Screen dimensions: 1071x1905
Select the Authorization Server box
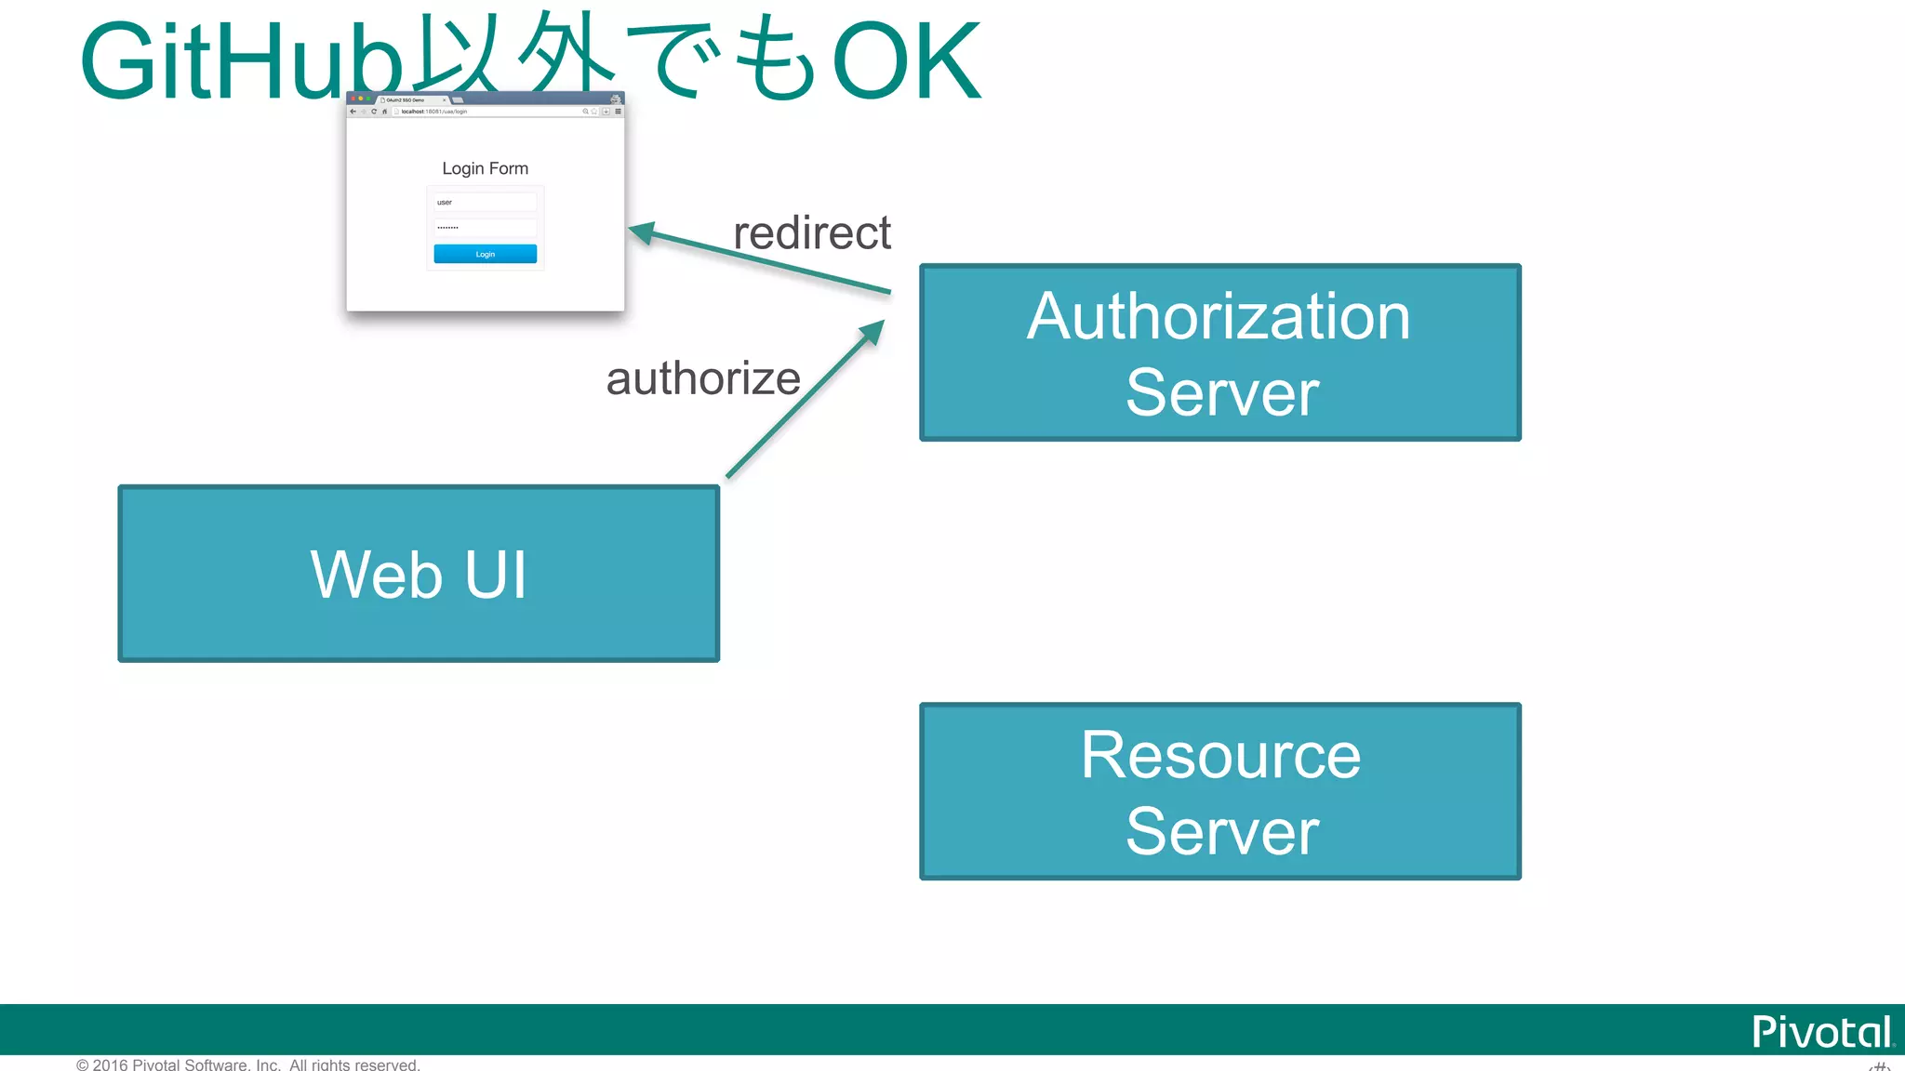(1219, 352)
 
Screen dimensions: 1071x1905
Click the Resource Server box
(1219, 791)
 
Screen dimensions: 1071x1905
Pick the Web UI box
(419, 574)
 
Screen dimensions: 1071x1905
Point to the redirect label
(811, 232)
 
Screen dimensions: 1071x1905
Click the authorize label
(703, 378)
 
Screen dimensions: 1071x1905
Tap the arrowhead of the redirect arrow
(640, 231)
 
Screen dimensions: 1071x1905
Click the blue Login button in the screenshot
(485, 254)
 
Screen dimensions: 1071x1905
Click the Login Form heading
(485, 168)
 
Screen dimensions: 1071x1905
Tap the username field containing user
(485, 202)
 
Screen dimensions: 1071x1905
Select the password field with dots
(485, 227)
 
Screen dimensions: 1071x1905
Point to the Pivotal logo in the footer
(1821, 1031)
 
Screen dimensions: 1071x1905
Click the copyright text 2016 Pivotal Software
(248, 1064)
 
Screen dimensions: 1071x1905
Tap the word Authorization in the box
(1219, 316)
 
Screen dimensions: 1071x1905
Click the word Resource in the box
(1220, 755)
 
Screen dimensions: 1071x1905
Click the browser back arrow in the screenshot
(353, 112)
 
